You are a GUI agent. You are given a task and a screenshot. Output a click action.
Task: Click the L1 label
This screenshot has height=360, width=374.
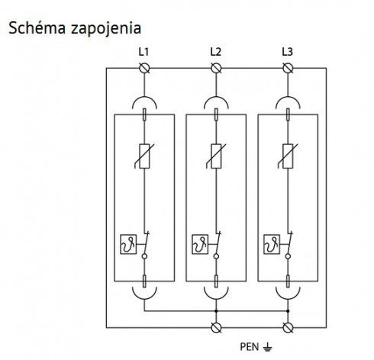[143, 52]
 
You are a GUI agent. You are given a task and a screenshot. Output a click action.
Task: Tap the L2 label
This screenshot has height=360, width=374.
[215, 52]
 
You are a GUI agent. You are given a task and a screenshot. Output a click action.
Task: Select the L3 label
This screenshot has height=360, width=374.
[287, 52]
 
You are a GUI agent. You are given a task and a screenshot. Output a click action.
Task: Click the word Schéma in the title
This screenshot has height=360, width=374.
[37, 28]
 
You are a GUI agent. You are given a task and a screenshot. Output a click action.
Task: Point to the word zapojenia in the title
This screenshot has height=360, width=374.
[106, 29]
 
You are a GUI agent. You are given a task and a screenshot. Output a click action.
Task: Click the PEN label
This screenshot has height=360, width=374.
[250, 347]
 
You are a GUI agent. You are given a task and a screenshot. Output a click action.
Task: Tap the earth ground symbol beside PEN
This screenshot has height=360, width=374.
[267, 347]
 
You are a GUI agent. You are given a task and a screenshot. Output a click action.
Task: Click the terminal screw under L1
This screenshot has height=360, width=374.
[144, 68]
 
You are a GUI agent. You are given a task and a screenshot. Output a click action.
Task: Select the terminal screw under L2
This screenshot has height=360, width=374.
[216, 68]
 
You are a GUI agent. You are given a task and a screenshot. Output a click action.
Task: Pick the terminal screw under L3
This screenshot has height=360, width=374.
[288, 68]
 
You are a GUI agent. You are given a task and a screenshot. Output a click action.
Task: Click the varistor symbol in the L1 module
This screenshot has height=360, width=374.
[144, 156]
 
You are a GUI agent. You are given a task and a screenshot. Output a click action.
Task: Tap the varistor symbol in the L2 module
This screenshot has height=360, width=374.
[216, 156]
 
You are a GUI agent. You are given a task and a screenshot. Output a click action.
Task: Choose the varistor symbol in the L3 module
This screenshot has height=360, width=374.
[288, 156]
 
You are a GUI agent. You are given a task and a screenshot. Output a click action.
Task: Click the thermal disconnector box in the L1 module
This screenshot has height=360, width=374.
[128, 244]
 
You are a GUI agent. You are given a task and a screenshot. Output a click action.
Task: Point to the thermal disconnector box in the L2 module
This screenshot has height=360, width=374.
[200, 244]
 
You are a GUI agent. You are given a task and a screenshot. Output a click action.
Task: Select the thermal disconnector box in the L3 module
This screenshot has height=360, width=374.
[272, 244]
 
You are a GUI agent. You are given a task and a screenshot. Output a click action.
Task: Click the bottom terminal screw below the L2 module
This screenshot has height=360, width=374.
[216, 328]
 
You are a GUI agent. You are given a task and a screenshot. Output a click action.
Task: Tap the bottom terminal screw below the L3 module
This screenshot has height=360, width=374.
[288, 328]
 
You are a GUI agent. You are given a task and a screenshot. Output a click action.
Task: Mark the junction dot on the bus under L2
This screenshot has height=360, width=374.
[216, 311]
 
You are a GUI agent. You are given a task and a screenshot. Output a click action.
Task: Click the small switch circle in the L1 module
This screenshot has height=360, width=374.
[144, 256]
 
